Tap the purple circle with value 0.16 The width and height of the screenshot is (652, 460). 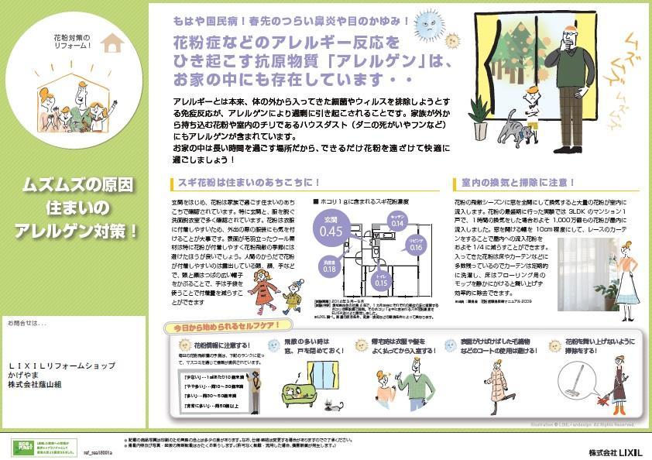(416, 245)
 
